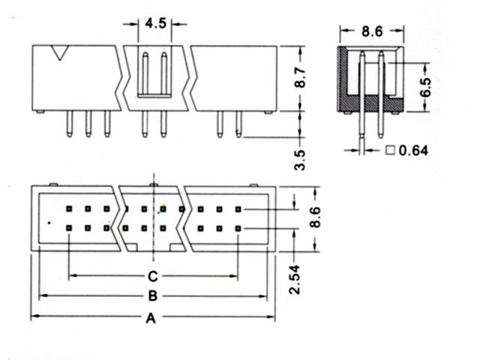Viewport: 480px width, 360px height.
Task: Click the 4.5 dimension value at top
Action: [156, 24]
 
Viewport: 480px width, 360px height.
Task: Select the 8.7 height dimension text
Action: [300, 79]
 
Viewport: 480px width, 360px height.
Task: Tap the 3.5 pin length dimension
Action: [300, 159]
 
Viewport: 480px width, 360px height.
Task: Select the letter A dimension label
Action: [150, 319]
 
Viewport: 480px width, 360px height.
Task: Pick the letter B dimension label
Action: [151, 296]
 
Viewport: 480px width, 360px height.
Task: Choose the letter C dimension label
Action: [151, 275]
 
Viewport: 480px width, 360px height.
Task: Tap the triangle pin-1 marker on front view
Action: [59, 53]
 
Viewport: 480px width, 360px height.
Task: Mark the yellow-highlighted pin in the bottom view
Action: [163, 209]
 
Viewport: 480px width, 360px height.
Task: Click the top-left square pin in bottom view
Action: [69, 209]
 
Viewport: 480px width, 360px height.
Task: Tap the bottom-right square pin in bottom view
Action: [238, 227]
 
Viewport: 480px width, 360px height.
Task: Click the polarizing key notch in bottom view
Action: [154, 246]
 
